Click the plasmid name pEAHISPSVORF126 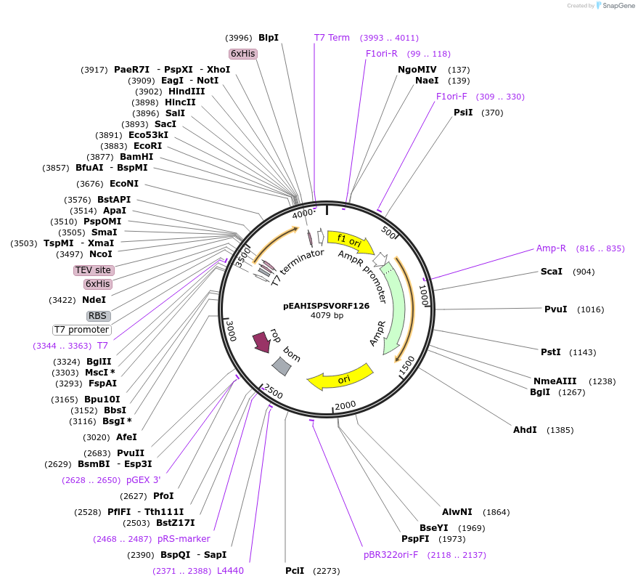[327, 306]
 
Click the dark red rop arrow [261, 341]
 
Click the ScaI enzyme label [552, 272]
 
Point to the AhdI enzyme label [525, 430]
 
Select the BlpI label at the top [269, 38]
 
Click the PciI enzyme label [295, 571]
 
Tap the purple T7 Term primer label [332, 38]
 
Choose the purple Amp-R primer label [551, 248]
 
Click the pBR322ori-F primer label [391, 555]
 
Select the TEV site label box [94, 270]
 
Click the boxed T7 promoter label [81, 330]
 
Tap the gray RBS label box [98, 316]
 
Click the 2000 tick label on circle [345, 405]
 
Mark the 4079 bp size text [327, 315]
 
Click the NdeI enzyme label [94, 300]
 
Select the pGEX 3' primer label [143, 480]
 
